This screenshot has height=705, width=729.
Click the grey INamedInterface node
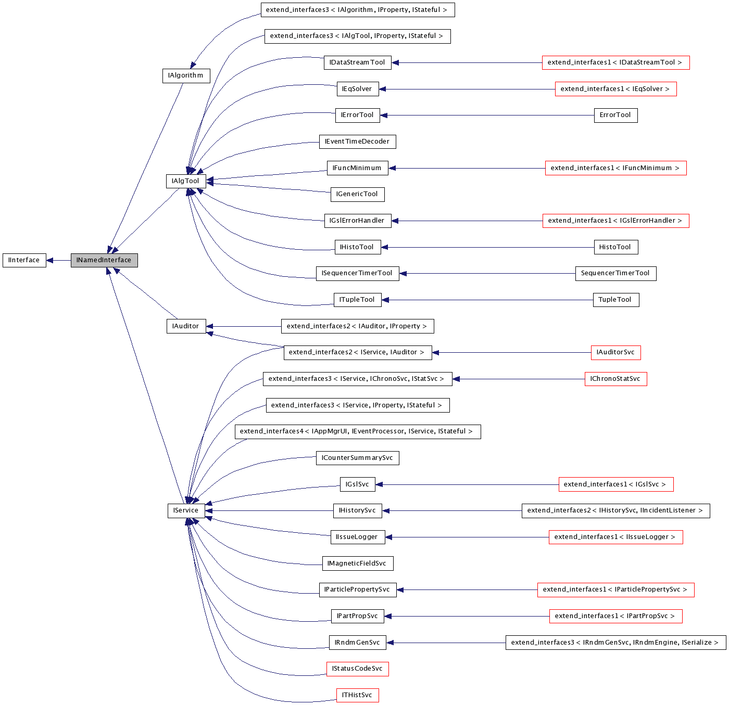point(104,260)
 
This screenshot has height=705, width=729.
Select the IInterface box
point(24,260)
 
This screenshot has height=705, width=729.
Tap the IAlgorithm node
point(186,75)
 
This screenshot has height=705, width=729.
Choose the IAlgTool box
point(185,181)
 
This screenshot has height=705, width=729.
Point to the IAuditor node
point(185,326)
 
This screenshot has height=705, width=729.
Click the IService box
point(186,510)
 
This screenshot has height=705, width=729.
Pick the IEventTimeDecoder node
point(357,142)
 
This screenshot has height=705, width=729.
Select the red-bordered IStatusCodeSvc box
point(357,669)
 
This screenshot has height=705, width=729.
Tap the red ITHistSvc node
point(357,695)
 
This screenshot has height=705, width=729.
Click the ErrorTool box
point(615,115)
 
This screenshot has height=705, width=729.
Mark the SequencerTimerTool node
point(615,273)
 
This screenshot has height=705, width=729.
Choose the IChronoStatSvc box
point(615,379)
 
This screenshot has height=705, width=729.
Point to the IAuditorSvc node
point(615,352)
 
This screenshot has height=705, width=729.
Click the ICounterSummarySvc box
point(357,458)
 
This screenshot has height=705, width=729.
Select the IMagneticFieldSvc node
point(357,563)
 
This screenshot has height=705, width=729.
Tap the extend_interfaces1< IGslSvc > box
point(615,484)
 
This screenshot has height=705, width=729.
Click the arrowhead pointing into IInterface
point(50,260)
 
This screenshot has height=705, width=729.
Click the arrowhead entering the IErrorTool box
point(384,115)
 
